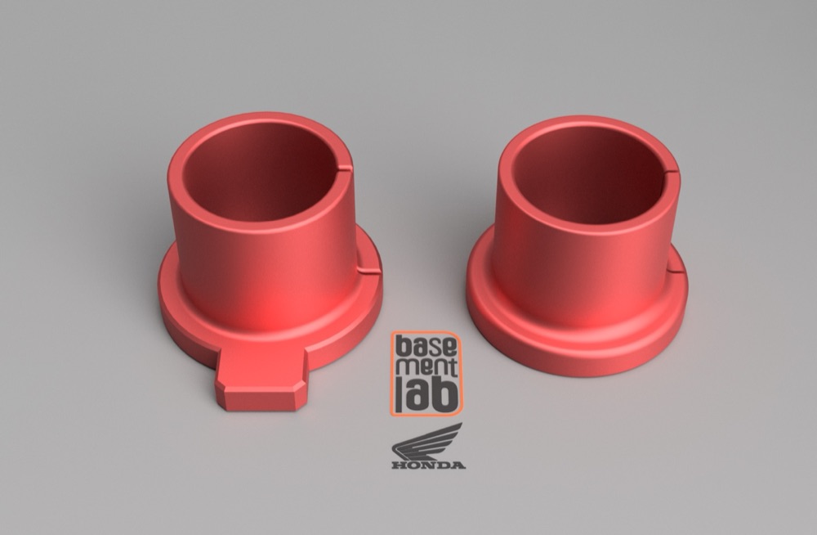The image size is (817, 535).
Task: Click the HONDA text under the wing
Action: [x=428, y=465]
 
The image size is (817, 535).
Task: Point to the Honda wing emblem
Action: [x=426, y=442]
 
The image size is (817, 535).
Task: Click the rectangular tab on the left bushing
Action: [x=261, y=380]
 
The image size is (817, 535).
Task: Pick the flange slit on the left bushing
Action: [x=369, y=271]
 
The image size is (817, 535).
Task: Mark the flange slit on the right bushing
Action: [x=676, y=271]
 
